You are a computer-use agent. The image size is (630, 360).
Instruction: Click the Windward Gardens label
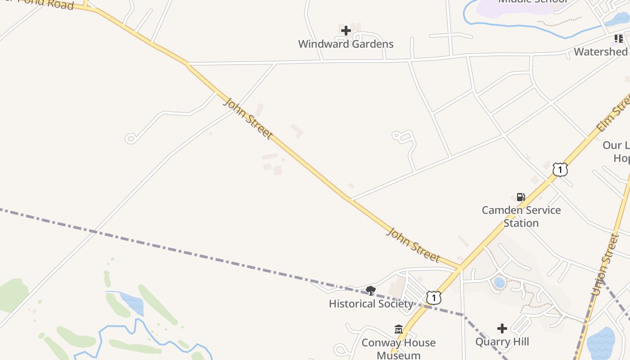346,44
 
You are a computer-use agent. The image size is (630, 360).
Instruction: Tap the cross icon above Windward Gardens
346,31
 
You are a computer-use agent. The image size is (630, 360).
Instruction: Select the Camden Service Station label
521,216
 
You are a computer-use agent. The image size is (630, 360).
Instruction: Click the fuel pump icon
521,197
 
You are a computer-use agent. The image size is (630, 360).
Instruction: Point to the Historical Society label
371,304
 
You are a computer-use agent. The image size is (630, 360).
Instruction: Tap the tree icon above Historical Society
371,290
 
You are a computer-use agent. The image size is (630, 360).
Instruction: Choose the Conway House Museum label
399,349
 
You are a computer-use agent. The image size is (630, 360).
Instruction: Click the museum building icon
399,329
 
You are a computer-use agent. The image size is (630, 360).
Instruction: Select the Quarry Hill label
502,342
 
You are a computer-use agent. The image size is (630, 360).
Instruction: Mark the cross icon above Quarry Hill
502,328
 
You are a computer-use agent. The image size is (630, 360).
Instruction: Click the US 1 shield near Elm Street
560,170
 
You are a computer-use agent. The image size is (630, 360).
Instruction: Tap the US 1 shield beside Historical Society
433,298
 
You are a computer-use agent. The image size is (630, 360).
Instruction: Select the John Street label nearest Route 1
413,245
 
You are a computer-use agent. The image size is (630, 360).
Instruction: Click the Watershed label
601,52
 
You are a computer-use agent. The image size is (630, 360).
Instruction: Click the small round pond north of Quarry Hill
499,283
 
